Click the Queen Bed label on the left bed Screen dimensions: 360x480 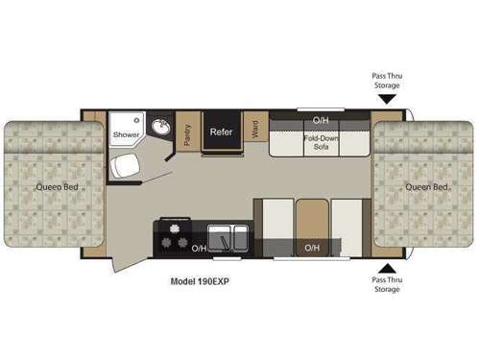click(x=53, y=185)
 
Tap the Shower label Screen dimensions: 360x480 click(x=126, y=135)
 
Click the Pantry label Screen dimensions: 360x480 click(x=187, y=133)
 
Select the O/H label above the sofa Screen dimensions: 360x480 click(x=321, y=120)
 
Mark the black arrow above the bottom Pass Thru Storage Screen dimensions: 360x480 click(x=387, y=268)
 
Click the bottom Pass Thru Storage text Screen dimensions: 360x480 click(x=388, y=285)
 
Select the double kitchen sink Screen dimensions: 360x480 click(x=228, y=238)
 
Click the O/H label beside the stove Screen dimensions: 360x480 click(x=199, y=248)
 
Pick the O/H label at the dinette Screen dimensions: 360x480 click(x=312, y=248)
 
